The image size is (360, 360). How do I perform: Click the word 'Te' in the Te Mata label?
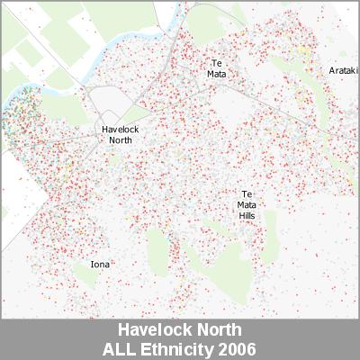[216, 62]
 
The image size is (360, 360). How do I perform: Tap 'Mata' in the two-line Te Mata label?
[216, 74]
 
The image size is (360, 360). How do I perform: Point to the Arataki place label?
[344, 70]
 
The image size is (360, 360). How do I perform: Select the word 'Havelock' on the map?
[120, 130]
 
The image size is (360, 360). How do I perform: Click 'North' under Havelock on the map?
[120, 140]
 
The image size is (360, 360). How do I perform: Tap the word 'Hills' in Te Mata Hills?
[247, 216]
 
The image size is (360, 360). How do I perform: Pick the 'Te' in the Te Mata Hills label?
[247, 194]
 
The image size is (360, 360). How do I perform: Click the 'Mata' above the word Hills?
[247, 205]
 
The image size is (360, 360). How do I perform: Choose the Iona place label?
[102, 265]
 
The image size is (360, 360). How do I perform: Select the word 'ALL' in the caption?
[124, 346]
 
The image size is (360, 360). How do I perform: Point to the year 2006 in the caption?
[238, 346]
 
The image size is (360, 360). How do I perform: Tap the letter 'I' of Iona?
[93, 265]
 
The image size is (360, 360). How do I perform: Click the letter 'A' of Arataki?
[331, 70]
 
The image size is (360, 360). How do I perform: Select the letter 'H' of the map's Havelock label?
[103, 130]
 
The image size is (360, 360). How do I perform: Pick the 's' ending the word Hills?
[256, 216]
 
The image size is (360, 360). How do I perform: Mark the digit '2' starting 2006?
[226, 346]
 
